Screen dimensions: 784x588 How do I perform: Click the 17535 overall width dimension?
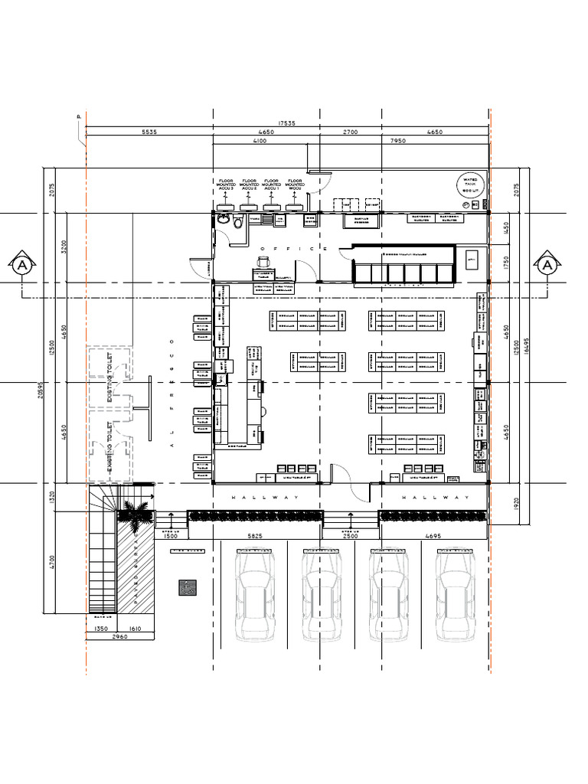point(287,123)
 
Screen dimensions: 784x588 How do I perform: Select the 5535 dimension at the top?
point(149,132)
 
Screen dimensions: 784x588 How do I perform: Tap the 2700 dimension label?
point(350,132)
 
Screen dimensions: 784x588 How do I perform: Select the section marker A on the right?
point(547,265)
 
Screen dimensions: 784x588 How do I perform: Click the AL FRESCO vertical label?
point(173,392)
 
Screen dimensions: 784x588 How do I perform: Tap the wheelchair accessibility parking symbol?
point(185,588)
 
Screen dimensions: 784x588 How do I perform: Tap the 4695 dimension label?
point(433,537)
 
